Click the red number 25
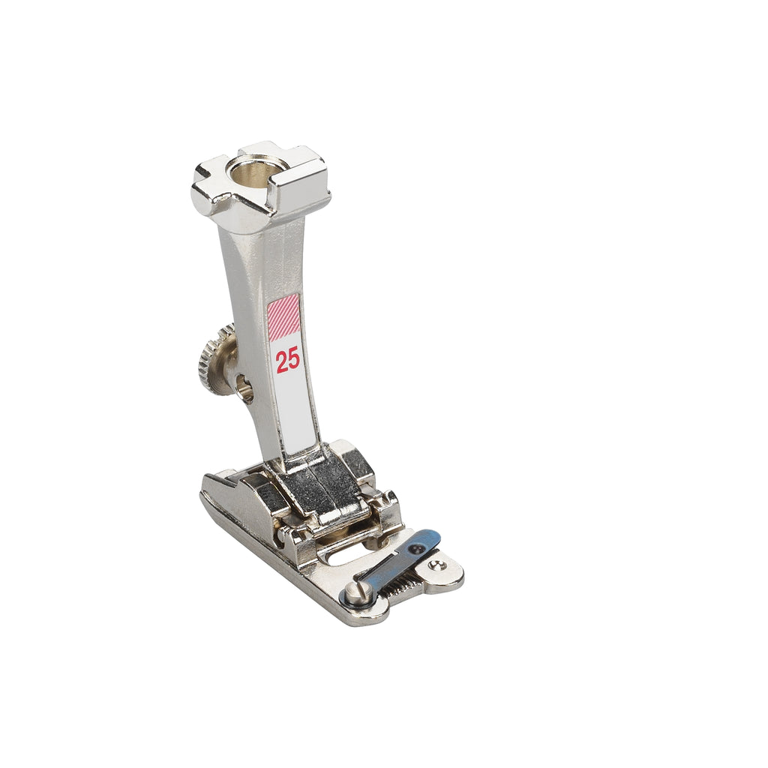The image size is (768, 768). [287, 361]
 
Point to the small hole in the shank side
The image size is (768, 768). [244, 387]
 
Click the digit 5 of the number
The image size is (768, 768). [293, 361]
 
